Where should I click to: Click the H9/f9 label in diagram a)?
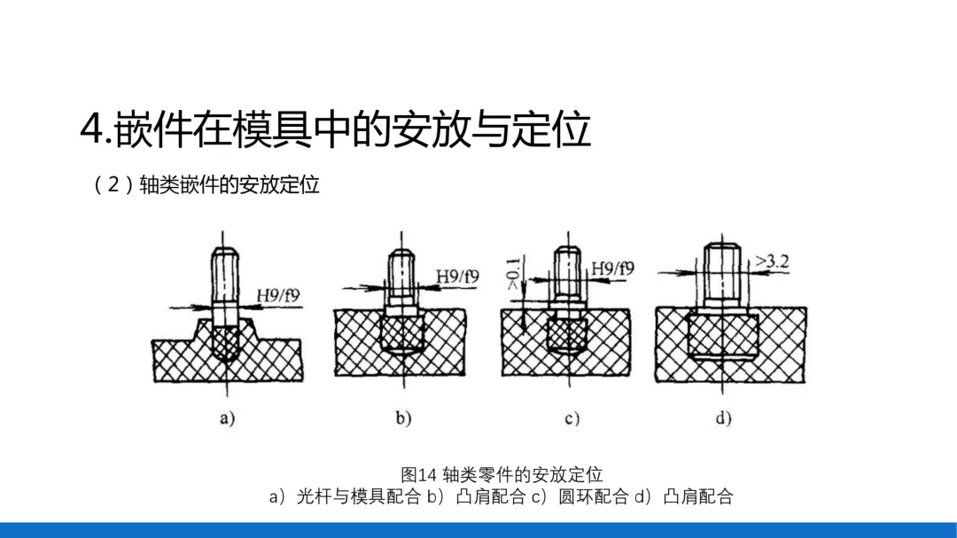(278, 296)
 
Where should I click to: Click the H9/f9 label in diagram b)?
(457, 277)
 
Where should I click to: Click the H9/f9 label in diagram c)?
(612, 268)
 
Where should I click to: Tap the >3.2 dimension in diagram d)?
(771, 262)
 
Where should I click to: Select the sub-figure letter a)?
(228, 418)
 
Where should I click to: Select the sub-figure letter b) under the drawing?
(403, 418)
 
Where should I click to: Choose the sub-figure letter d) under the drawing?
(724, 418)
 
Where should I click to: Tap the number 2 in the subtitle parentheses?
(113, 185)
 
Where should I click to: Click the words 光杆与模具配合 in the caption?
(359, 496)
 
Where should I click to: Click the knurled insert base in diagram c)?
(565, 335)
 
